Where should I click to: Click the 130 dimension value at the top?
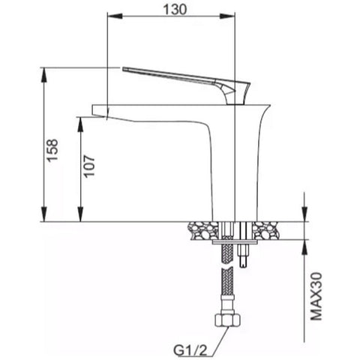coord(175,10)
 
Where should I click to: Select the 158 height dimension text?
coord(53,151)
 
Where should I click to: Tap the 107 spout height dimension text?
coord(89,166)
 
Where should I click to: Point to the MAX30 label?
coord(316,297)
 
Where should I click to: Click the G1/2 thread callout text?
coord(190,351)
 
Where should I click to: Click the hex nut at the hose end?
coord(227,320)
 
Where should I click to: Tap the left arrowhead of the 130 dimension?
coord(115,16)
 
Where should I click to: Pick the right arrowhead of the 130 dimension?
coord(227,16)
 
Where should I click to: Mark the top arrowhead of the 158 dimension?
coord(44,75)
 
